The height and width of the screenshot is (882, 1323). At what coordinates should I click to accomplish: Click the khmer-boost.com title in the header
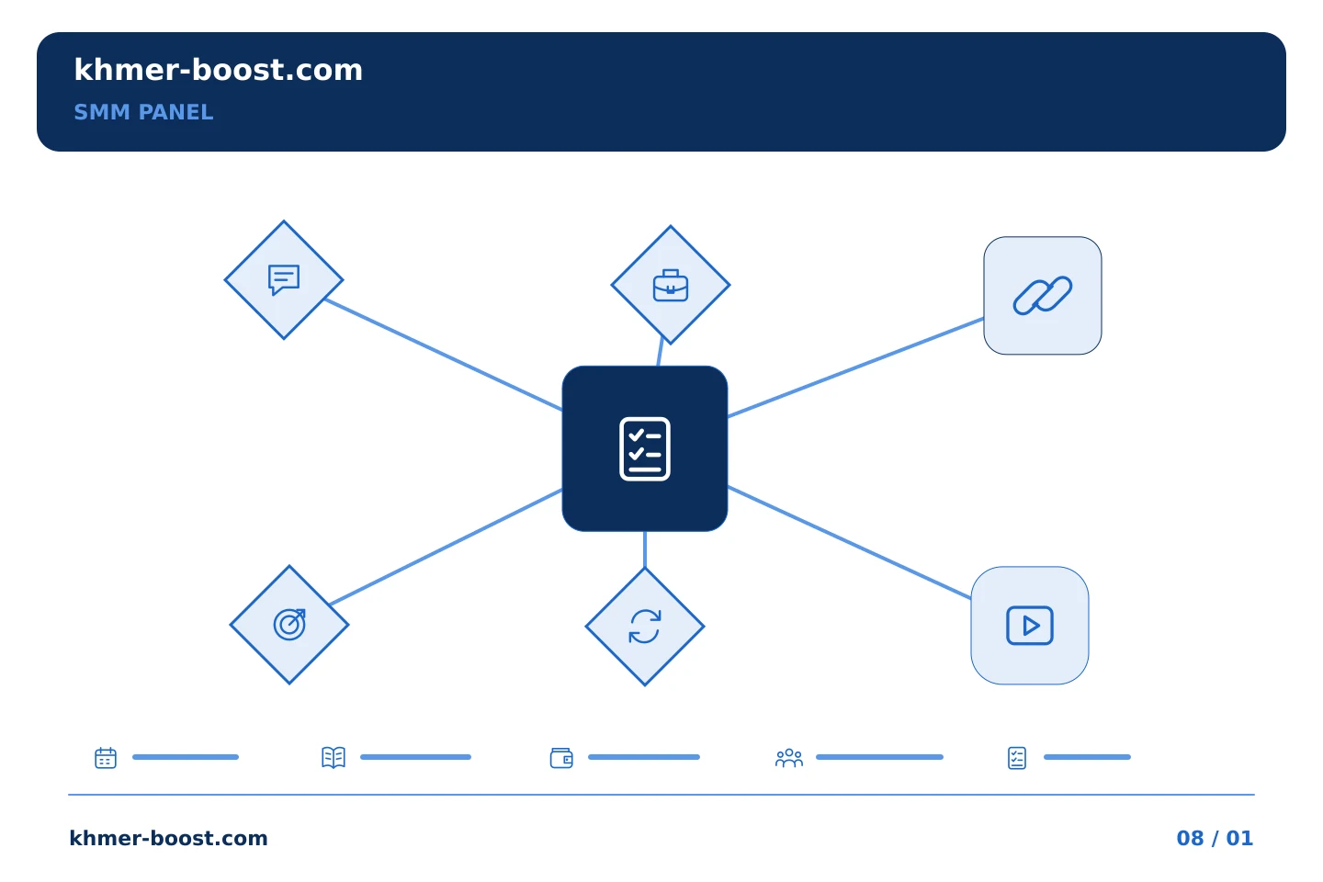coord(218,71)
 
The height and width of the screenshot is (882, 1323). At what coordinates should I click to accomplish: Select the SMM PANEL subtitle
coord(143,112)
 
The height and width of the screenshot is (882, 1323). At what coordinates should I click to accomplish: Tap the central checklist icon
coord(644,449)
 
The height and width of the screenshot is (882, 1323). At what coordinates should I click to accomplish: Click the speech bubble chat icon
coord(284,279)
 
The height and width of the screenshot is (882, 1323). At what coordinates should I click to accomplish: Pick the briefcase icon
coord(671,286)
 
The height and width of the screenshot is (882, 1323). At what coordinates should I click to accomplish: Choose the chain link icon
coord(1043,296)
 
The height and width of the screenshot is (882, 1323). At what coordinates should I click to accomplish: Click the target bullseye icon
coord(289,625)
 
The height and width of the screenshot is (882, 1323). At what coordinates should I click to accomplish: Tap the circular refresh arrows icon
coord(644,627)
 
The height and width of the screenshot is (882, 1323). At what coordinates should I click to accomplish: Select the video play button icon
coord(1029,626)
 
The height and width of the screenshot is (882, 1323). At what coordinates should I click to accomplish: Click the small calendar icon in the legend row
coord(106,757)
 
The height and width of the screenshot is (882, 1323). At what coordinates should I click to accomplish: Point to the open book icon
coord(334,757)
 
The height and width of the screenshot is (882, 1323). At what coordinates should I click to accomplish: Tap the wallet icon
coord(561,758)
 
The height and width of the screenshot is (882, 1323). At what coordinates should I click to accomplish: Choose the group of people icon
coord(789,758)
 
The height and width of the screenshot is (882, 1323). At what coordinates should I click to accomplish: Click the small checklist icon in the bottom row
coord(1016,758)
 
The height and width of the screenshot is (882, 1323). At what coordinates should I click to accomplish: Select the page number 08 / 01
coord(1215,838)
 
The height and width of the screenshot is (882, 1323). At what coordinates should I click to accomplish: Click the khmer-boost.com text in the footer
coord(168,838)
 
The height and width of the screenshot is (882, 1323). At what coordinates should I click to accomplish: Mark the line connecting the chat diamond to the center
coord(443,355)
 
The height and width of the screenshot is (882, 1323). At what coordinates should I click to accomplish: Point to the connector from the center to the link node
coord(855,367)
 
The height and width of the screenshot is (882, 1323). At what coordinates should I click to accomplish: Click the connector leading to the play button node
coord(849,542)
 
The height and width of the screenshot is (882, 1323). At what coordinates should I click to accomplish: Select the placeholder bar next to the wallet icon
coord(644,757)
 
